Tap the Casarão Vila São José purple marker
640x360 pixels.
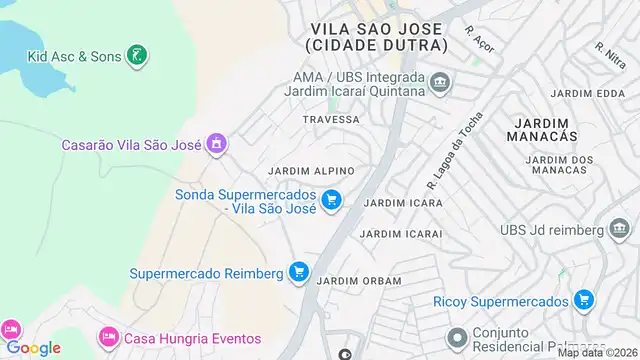pos(215,145)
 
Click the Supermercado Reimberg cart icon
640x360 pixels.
pos(298,271)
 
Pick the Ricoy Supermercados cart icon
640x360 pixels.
pos(585,300)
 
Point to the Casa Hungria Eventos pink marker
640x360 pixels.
pos(110,338)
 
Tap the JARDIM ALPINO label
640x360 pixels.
pos(310,171)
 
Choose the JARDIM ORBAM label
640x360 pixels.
pos(351,281)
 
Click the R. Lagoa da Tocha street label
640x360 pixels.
pos(454,150)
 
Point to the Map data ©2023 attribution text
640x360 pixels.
pos(597,352)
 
